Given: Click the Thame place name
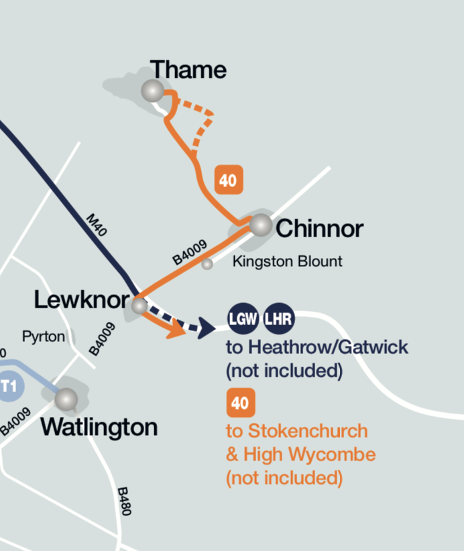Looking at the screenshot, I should (188, 70).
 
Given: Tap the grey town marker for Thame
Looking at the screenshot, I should (153, 90).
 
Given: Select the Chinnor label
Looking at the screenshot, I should (319, 229).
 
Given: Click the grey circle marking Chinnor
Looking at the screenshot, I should (260, 225).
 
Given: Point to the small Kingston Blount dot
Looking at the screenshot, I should (207, 264).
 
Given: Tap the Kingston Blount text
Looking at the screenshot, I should (287, 261).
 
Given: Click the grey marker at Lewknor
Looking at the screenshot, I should (139, 306).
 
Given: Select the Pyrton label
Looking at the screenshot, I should (44, 336).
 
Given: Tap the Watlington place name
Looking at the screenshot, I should (99, 427).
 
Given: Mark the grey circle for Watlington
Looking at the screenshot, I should (66, 400).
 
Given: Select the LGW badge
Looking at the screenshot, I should (243, 318).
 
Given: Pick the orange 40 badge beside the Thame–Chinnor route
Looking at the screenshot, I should (228, 180).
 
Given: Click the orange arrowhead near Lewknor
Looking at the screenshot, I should (177, 329).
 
